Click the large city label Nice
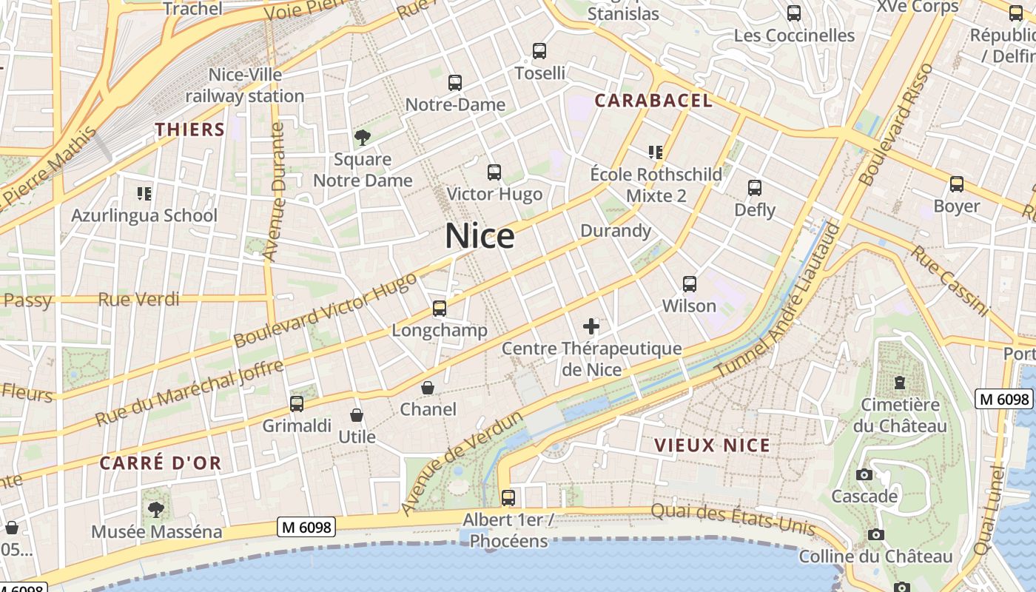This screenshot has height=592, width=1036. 480,236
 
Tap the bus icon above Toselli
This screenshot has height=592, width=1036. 539,51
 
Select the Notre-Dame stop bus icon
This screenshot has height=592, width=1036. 455,83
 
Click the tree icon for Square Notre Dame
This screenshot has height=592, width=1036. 363,137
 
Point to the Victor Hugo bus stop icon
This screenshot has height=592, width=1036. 494,172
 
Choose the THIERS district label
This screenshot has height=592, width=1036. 190,129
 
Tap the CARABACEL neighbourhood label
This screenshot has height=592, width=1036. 653,101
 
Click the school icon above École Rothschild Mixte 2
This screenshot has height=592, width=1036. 655,152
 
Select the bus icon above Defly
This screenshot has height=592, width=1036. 755,188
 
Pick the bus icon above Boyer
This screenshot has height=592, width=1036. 957,184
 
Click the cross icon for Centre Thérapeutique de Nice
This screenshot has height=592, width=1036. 591,326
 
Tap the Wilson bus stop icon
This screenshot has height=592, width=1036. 690,284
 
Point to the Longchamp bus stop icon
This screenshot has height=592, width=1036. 440,309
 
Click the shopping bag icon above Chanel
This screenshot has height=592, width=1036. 428,388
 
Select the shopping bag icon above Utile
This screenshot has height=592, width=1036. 357,415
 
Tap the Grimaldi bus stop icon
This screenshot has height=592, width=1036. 297,404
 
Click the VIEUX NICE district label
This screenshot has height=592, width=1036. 712,445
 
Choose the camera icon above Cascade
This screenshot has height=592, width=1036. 864,474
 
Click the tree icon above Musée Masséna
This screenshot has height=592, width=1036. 156,509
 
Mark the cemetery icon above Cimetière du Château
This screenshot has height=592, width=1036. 900,383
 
